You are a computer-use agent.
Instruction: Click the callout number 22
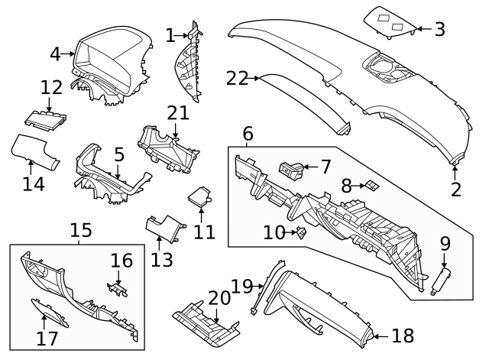coord(237,78)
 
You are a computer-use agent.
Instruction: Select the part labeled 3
coord(390,23)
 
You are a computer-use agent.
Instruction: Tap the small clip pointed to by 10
coord(301,232)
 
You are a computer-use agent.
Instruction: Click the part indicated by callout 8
coord(372,185)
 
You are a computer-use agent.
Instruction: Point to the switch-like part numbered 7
coord(290,170)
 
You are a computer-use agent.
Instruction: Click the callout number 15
coord(81,230)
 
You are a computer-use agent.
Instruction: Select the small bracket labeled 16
coord(117,289)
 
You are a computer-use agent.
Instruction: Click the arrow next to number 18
coord(381,336)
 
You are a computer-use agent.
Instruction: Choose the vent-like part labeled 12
coord(45,120)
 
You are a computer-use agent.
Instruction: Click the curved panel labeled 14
coord(35,152)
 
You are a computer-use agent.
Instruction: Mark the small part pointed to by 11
coord(199,196)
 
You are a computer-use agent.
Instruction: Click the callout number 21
coord(178,113)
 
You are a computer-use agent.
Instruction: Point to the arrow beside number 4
coord(67,54)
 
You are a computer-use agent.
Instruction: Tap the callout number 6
coord(248,134)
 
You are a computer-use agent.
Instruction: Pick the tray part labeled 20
coord(206,324)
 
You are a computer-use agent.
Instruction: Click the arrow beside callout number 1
coord(181,36)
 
